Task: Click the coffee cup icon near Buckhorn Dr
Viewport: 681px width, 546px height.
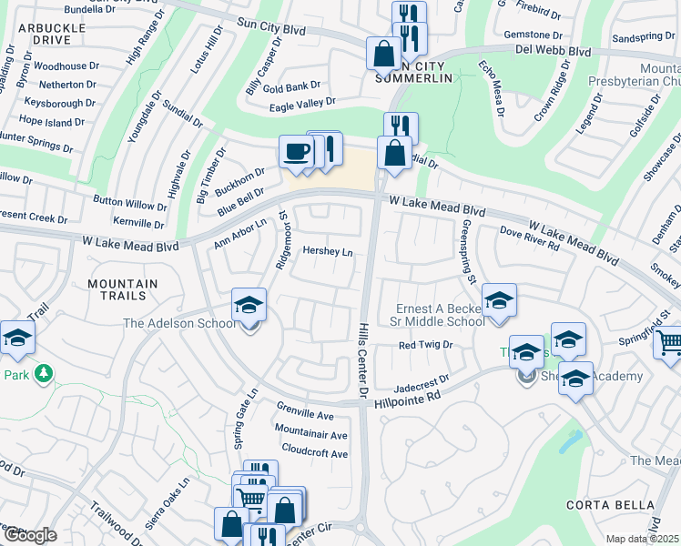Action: pyautogui.click(x=295, y=151)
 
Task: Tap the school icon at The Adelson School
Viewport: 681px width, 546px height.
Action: pyautogui.click(x=248, y=307)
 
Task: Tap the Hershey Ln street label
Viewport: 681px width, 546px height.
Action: pyautogui.click(x=327, y=250)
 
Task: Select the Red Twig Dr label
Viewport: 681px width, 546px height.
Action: pyautogui.click(x=425, y=346)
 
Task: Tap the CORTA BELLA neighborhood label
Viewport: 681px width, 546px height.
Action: pyautogui.click(x=622, y=505)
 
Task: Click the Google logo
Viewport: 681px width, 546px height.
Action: pyautogui.click(x=29, y=535)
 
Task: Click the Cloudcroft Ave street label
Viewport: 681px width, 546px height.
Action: pyautogui.click(x=314, y=453)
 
